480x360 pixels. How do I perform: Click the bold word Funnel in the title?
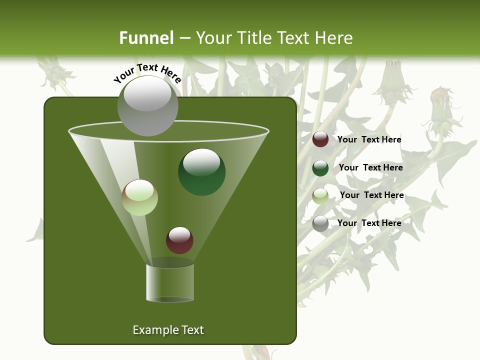coord(146,38)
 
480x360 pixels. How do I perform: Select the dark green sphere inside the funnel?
coord(201,172)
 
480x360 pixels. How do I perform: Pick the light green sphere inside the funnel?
coord(140,197)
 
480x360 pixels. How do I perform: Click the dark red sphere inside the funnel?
coord(179,240)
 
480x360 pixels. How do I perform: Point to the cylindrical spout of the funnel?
coord(170,282)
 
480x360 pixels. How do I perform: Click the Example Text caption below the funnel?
coord(168,330)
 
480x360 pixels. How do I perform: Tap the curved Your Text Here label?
coord(147,73)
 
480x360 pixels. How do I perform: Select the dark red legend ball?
coord(320,139)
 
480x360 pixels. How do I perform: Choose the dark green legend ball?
coord(320,167)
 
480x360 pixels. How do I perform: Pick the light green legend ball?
coord(320,195)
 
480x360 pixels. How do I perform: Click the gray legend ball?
coord(320,223)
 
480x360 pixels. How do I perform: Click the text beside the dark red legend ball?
coord(369,140)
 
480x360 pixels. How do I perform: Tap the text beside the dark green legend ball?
coord(370,168)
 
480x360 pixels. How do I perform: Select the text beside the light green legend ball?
coord(371,195)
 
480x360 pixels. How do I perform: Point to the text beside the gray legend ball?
coord(369,223)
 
